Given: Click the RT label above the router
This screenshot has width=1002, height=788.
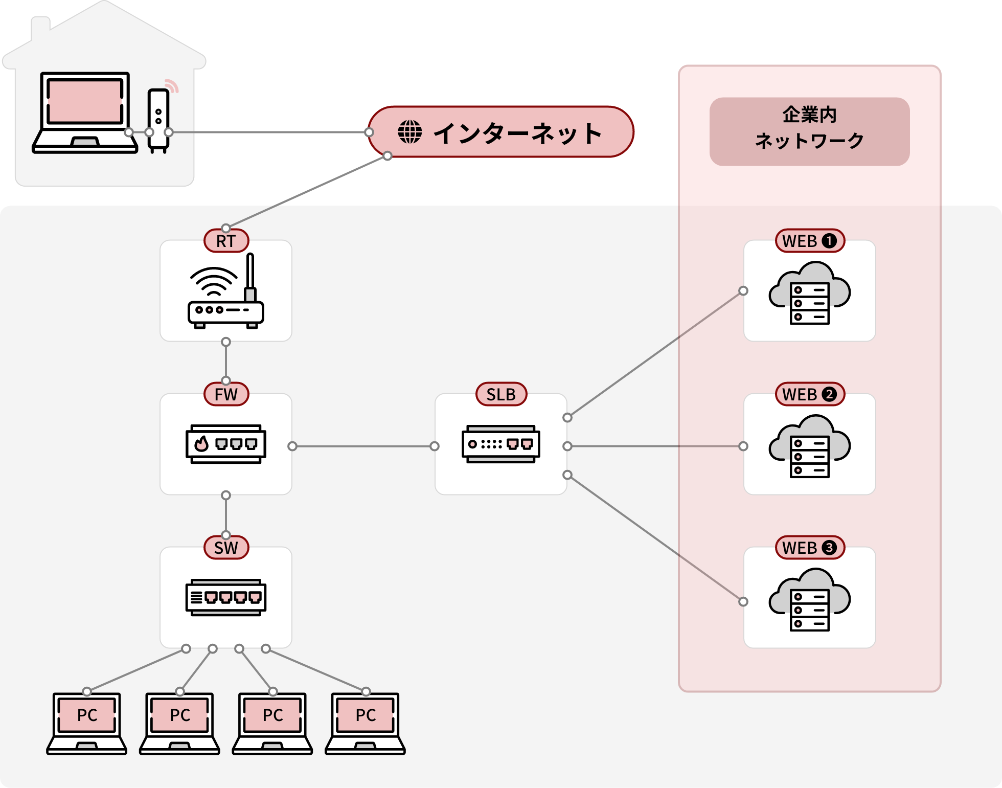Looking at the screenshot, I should [226, 241].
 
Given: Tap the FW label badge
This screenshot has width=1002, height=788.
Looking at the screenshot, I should [226, 394].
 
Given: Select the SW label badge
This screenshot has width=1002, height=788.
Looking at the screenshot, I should [226, 548].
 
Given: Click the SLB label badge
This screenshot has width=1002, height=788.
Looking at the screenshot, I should [501, 394].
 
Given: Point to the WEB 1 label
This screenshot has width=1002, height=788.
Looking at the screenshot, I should [810, 241].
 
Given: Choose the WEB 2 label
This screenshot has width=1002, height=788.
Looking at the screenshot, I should [810, 394].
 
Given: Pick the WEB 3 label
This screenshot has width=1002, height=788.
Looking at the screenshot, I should [810, 548].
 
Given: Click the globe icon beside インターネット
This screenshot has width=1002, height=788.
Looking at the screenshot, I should [410, 132].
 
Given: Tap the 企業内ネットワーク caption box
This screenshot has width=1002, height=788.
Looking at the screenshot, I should [809, 131].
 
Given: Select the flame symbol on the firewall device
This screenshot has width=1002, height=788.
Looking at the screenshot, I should [202, 443].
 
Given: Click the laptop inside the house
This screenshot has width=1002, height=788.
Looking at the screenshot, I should [85, 112].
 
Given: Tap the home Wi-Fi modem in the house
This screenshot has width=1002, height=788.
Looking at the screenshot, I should [158, 120].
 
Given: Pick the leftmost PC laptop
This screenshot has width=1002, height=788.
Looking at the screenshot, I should [87, 723].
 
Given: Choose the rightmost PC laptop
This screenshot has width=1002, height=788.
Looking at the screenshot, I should [366, 723].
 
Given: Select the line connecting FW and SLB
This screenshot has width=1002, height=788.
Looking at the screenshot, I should [363, 446].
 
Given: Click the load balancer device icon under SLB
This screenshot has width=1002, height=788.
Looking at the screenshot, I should [501, 444].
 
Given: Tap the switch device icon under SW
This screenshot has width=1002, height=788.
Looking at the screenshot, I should [226, 597].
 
